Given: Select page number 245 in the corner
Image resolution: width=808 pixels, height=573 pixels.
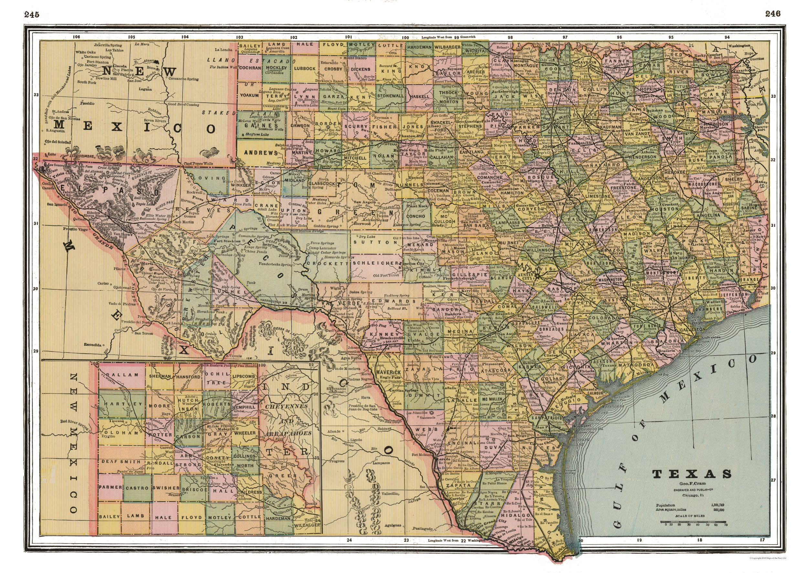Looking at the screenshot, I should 31,15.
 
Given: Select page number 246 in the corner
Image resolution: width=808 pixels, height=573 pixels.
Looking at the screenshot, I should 773,14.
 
